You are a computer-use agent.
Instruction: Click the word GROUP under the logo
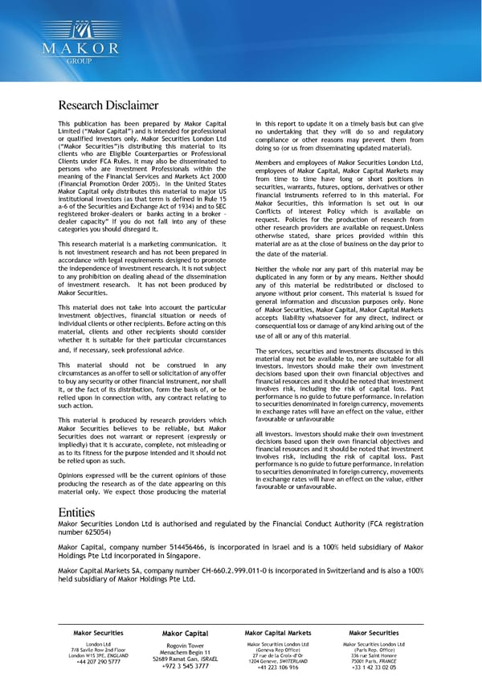(81, 60)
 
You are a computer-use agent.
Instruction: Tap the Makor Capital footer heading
(185, 635)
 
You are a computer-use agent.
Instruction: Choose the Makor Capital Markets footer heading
(277, 634)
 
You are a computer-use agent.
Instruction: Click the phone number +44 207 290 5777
(98, 662)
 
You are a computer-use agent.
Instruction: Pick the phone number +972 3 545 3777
(185, 667)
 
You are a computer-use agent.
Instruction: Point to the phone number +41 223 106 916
(277, 667)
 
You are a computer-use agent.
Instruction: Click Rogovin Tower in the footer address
(185, 646)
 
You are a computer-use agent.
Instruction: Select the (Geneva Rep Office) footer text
(277, 650)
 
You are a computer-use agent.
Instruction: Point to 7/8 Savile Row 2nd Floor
(98, 650)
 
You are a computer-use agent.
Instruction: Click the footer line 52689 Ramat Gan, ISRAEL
(185, 659)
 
